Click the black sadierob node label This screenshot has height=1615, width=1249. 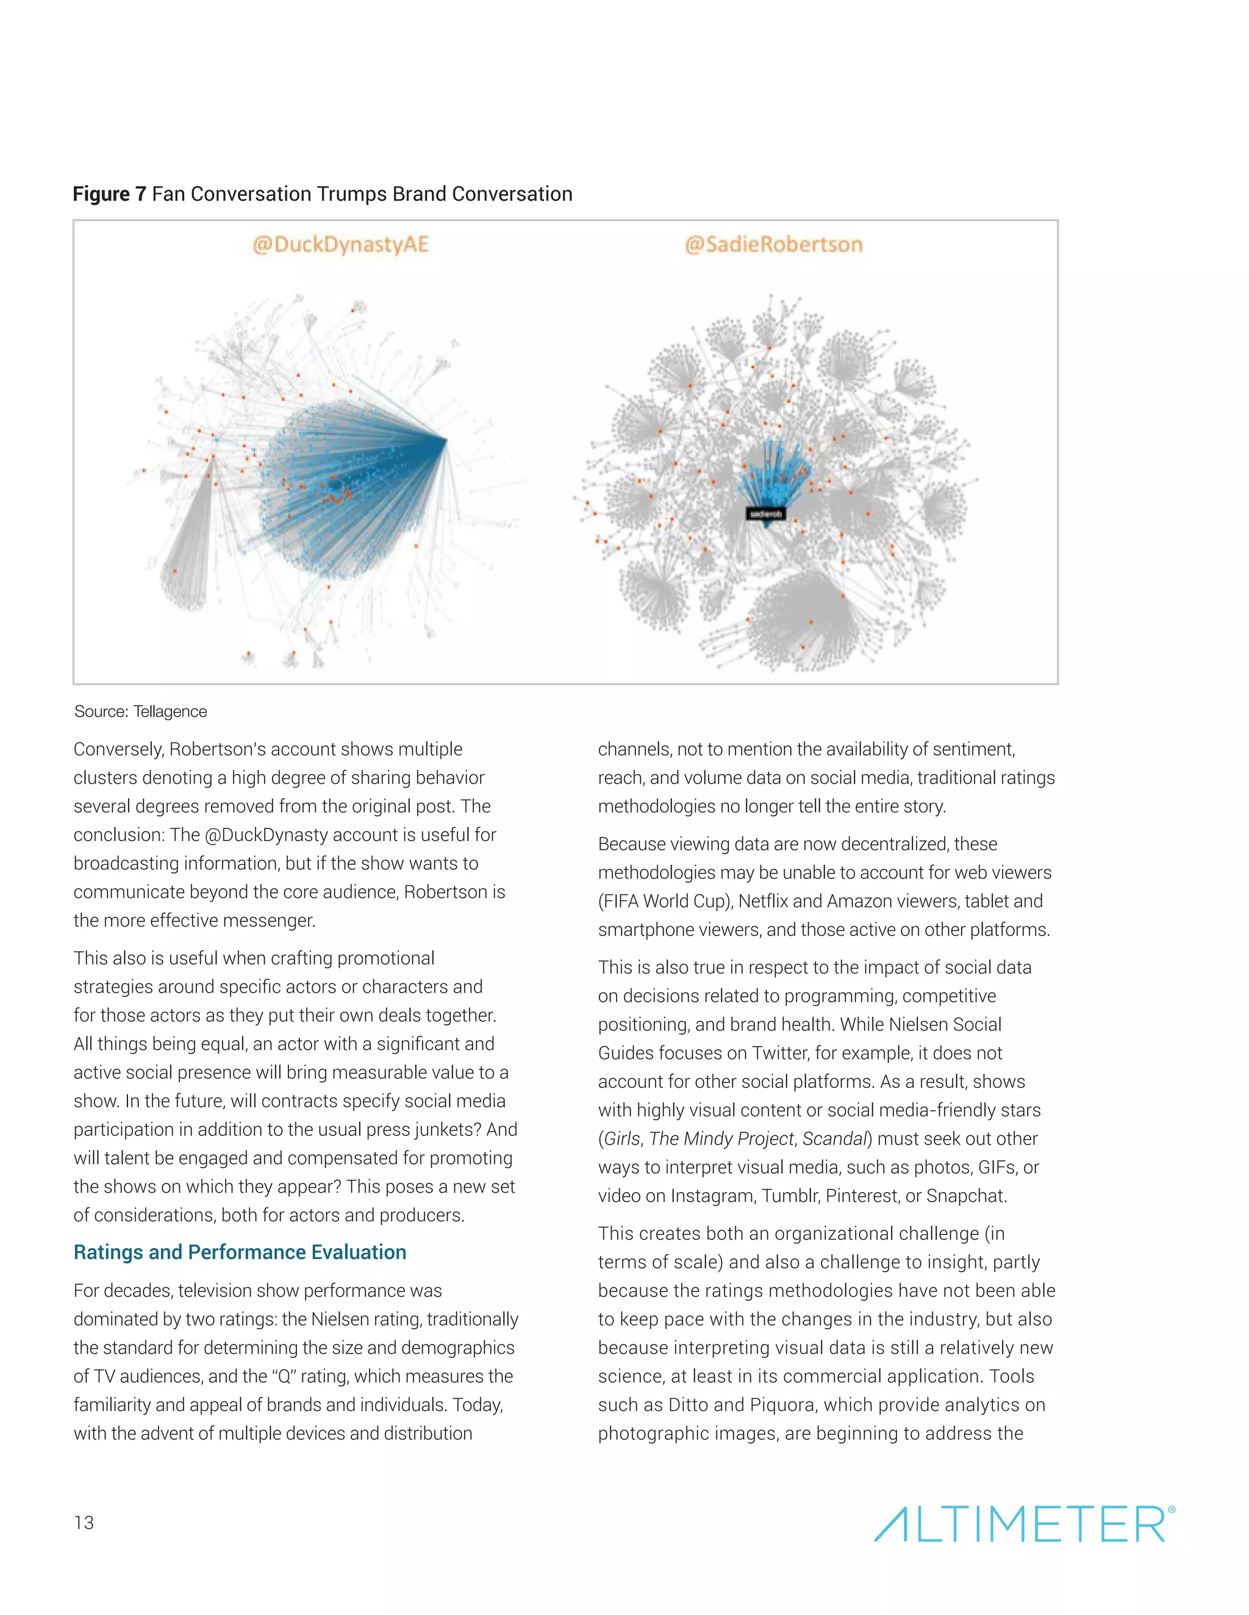click(x=765, y=513)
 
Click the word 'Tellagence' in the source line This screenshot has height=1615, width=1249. click(x=170, y=711)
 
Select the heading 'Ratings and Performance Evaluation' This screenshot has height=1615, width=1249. click(x=240, y=1252)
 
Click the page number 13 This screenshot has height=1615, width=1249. click(x=84, y=1522)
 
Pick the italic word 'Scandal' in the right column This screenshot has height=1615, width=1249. click(x=834, y=1139)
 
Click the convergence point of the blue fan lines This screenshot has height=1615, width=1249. click(x=446, y=440)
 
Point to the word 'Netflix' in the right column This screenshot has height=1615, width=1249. click(x=763, y=901)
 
